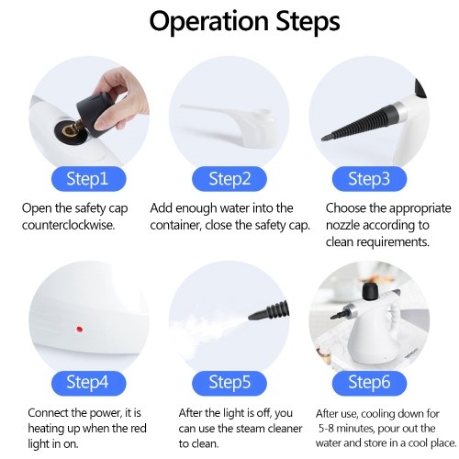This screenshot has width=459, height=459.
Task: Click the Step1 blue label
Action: click(x=88, y=179)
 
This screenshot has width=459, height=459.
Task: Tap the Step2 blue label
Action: click(x=229, y=179)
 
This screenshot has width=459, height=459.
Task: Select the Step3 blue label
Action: click(x=369, y=179)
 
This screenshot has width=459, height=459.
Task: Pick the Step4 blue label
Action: click(x=88, y=383)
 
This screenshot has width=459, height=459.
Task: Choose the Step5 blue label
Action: click(x=229, y=383)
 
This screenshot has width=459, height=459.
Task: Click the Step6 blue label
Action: click(x=369, y=383)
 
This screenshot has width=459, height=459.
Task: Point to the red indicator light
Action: click(x=79, y=330)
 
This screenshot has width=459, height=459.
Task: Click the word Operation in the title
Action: click(x=208, y=21)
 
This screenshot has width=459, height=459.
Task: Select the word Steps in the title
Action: click(x=308, y=21)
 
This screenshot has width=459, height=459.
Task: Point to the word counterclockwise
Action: click(x=68, y=225)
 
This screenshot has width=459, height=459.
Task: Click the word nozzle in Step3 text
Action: click(x=342, y=225)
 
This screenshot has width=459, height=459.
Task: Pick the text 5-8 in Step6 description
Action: click(x=327, y=429)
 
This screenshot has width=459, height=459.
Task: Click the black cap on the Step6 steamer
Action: click(x=371, y=291)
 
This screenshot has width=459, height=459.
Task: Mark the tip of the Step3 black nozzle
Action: click(x=322, y=140)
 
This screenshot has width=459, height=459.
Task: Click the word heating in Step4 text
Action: click(x=46, y=429)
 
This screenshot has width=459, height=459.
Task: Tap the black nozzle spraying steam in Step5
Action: click(x=269, y=310)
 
